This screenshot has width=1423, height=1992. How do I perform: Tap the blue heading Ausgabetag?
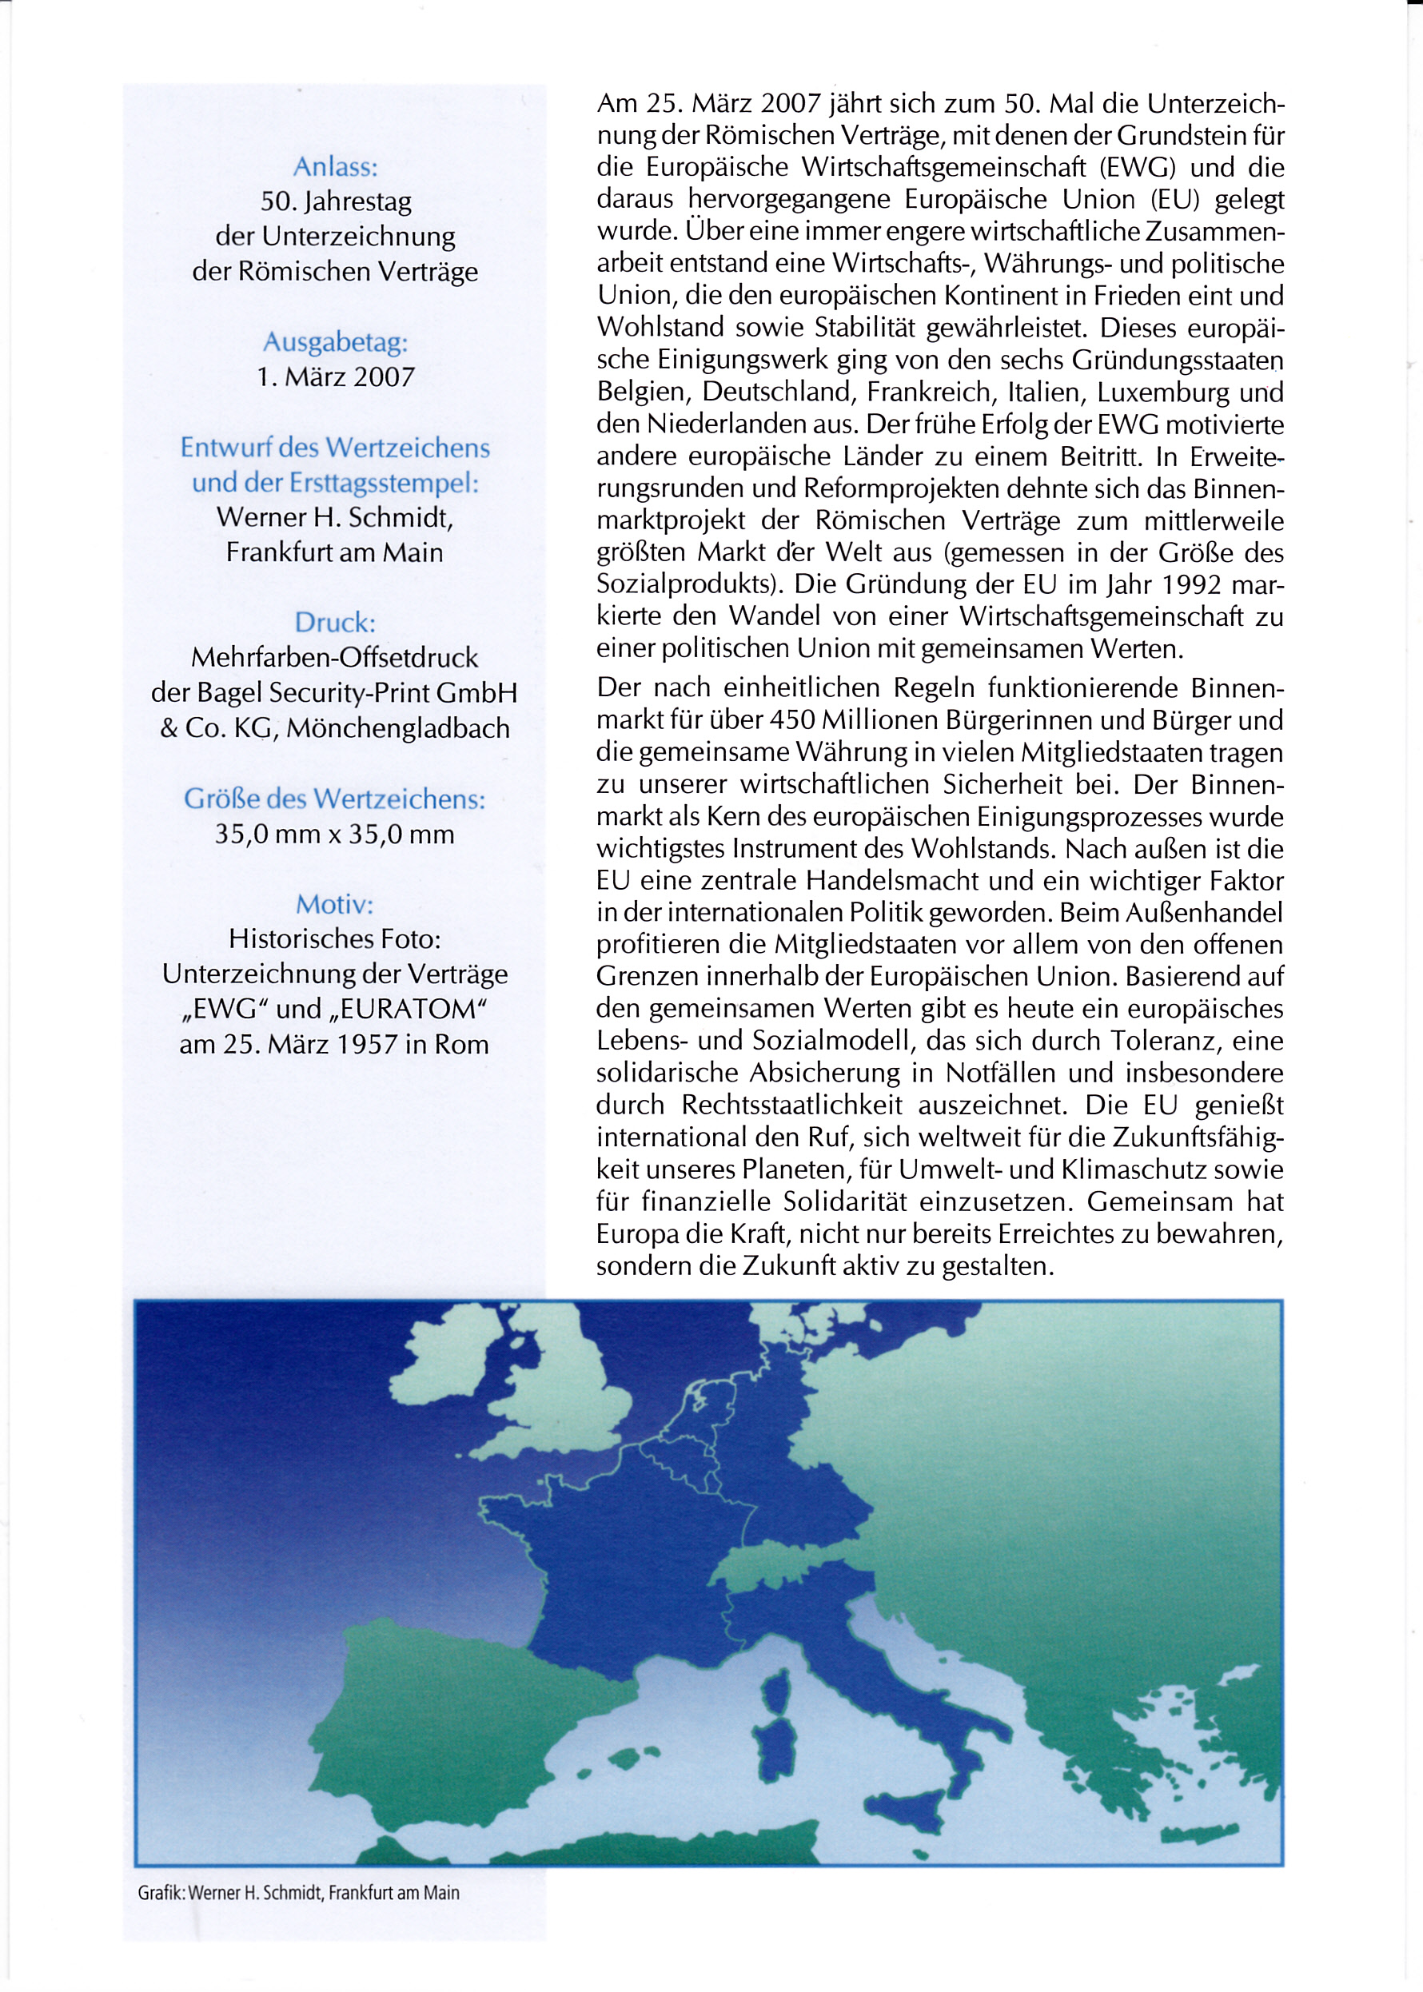pos(335,341)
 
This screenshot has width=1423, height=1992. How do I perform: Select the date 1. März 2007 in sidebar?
pos(335,376)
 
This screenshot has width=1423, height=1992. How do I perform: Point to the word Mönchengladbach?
pos(398,728)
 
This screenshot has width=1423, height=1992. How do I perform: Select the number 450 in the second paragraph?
pos(794,720)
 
